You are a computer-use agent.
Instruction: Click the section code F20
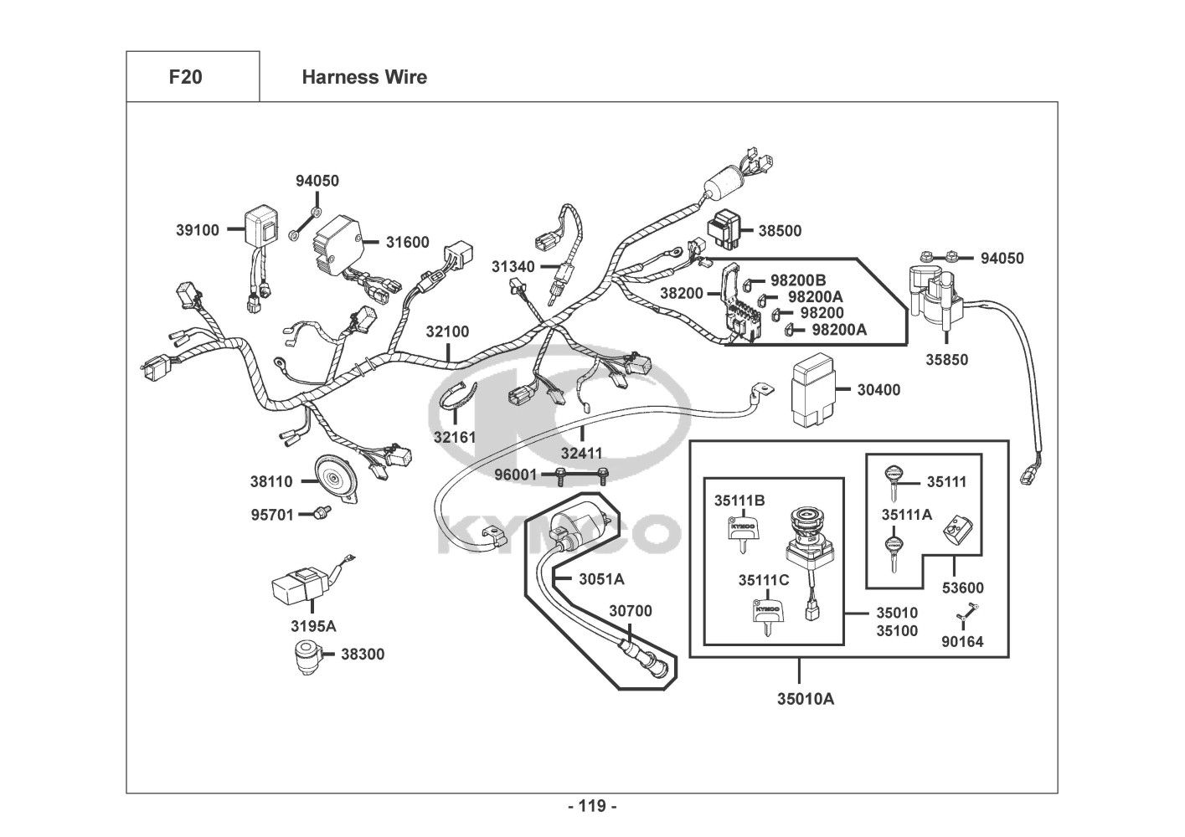tap(185, 77)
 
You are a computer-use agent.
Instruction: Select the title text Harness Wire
tap(364, 77)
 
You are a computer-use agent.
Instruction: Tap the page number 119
tap(591, 807)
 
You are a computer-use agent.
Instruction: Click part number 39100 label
tap(198, 230)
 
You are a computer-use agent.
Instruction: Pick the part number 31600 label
tap(407, 243)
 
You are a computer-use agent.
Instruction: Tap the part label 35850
tap(946, 360)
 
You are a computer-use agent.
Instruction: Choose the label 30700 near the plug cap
tap(630, 612)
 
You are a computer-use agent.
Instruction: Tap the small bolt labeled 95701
tap(320, 512)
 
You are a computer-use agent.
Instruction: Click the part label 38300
tap(362, 655)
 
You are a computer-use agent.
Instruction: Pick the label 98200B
tap(797, 280)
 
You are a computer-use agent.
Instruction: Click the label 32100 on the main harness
tap(447, 331)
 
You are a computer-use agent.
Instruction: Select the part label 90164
tap(963, 642)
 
